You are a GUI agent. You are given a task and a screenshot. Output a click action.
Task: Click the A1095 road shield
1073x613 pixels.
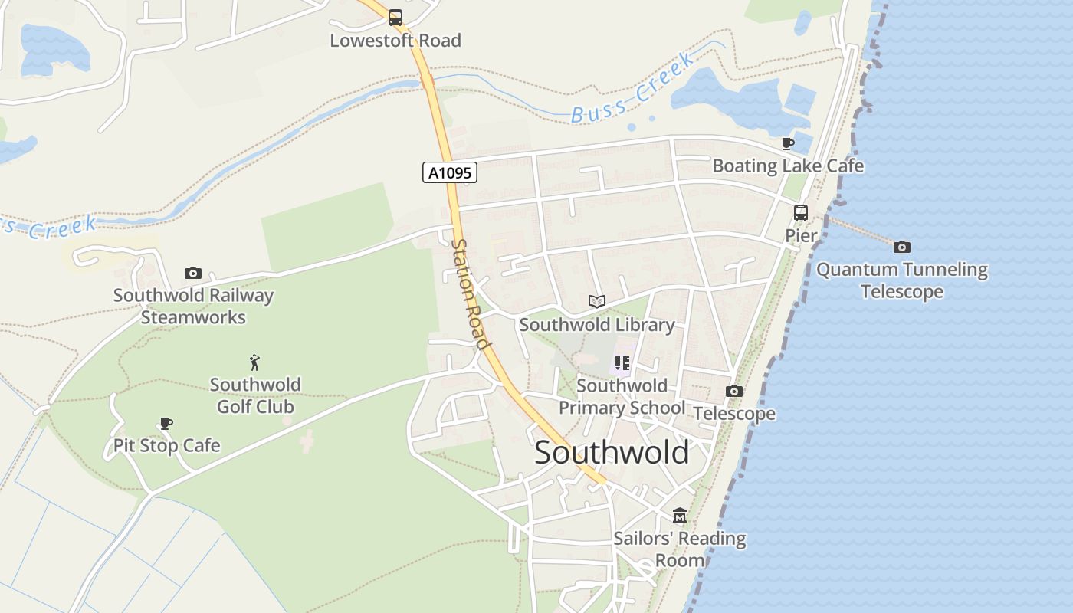450,173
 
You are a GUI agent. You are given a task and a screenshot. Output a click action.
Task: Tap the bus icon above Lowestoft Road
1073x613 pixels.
395,17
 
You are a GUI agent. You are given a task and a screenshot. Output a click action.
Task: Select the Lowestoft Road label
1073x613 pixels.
395,41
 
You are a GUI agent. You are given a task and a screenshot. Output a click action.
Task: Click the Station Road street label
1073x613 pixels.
470,293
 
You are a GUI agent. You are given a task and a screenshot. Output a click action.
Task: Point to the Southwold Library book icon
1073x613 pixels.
597,301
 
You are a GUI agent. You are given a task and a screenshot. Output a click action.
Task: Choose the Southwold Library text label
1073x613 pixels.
597,325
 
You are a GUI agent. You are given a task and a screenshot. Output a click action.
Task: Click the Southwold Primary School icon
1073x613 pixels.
622,363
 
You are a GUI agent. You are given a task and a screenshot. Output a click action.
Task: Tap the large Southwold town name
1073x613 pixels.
612,453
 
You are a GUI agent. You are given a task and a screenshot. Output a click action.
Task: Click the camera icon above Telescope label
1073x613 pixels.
734,392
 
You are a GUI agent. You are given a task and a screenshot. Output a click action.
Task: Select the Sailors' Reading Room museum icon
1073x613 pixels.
680,515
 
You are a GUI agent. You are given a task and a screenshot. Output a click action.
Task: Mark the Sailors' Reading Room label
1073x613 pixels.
680,549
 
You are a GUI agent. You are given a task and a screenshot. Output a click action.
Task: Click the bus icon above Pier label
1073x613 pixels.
801,213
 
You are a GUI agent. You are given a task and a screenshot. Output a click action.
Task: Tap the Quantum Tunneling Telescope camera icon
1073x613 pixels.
902,247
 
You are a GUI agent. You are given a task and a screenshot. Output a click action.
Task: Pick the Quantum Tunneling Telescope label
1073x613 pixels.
902,280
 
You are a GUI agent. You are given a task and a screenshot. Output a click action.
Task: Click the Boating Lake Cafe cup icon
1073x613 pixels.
788,143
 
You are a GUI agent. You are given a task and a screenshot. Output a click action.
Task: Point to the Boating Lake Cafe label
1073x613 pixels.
788,166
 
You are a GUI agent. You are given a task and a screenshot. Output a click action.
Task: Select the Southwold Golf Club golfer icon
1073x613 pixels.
255,362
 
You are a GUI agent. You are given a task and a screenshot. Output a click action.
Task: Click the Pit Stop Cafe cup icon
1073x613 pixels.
166,423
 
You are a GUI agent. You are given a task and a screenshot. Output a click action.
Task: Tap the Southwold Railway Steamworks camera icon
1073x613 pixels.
193,273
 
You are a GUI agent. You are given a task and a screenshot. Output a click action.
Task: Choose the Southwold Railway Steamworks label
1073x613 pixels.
193,306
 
